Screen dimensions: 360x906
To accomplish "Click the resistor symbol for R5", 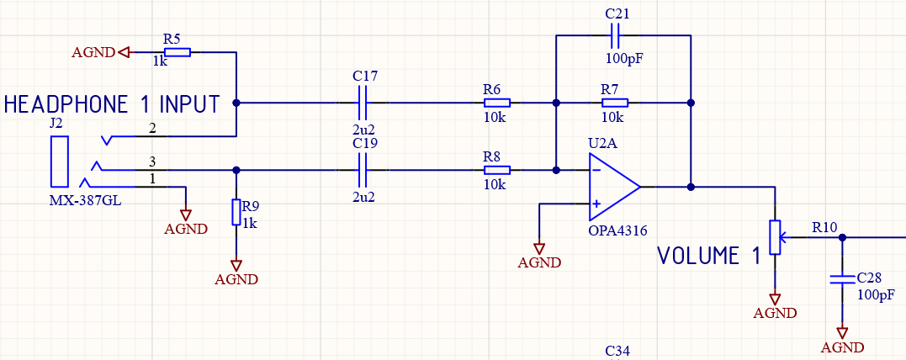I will tap(177, 52).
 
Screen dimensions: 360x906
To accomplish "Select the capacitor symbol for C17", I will tap(363, 103).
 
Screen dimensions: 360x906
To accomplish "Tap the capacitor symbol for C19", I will tap(363, 170).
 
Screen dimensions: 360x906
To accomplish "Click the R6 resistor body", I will tap(496, 103).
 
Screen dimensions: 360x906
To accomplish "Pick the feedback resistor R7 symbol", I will tap(615, 103).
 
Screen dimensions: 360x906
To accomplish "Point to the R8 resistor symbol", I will tap(496, 170).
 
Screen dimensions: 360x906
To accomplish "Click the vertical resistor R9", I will tap(236, 213).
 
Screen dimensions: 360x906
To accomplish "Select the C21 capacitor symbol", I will tap(615, 36).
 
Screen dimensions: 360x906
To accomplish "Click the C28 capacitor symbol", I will tap(840, 278).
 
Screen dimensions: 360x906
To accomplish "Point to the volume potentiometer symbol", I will tap(775, 236).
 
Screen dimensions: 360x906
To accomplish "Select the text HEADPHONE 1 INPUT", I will tap(112, 105).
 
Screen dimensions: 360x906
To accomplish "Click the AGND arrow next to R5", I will tap(125, 52).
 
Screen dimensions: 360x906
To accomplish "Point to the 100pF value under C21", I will tap(628, 60).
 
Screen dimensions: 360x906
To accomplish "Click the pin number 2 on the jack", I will tap(152, 129).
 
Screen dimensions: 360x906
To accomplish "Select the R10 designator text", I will tap(824, 227).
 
